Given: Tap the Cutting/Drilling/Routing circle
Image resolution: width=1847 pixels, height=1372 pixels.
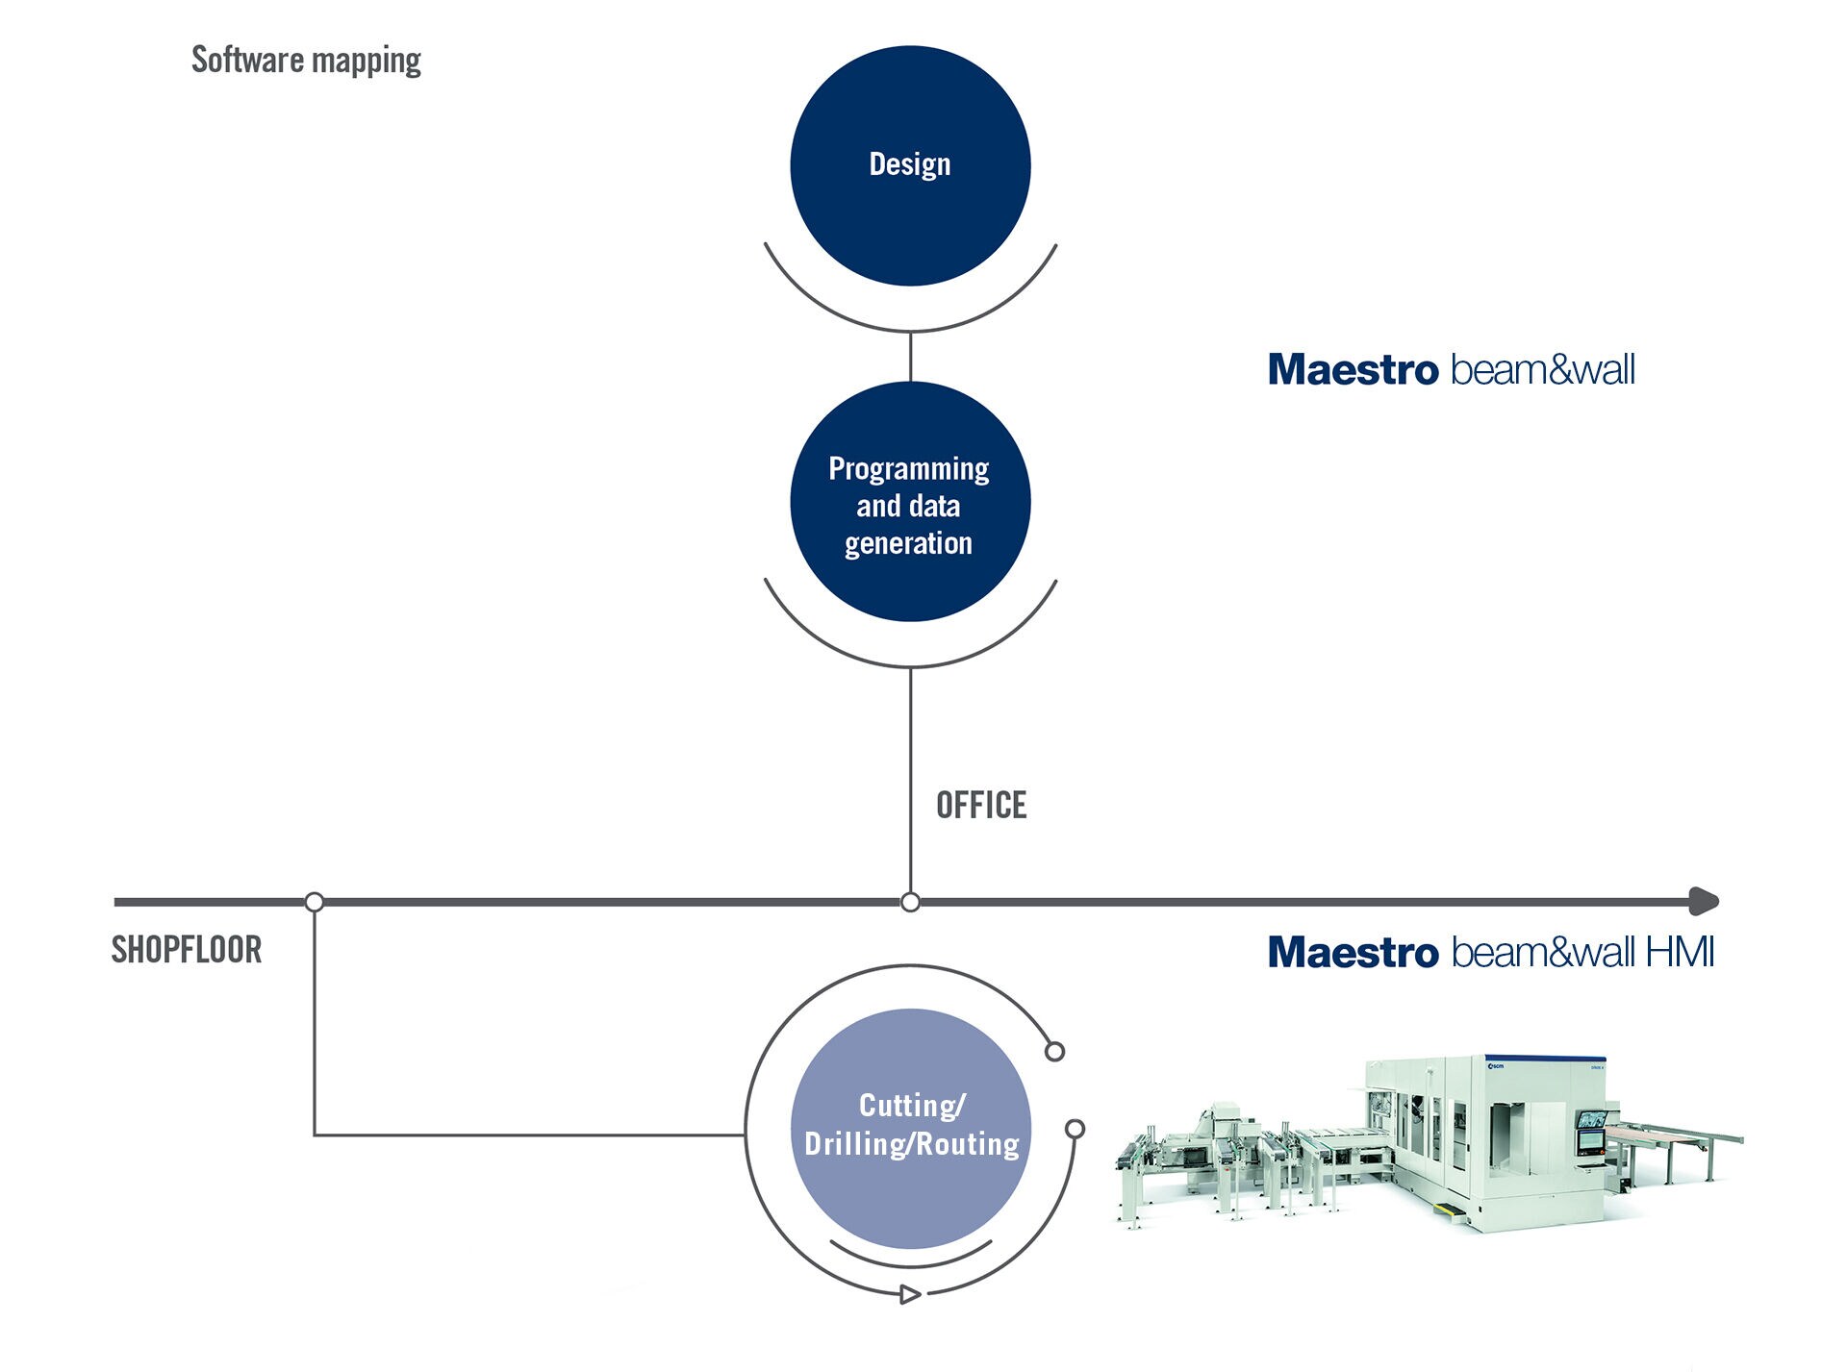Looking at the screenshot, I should coord(910,1202).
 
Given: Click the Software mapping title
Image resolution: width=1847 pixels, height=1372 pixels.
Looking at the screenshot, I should coord(306,60).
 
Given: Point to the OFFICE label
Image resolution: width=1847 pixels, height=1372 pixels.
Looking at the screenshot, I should coord(981,805).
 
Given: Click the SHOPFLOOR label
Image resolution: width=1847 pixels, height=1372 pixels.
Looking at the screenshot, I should coord(187,950).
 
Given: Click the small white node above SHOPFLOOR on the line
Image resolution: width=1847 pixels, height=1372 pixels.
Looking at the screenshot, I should coord(315,902).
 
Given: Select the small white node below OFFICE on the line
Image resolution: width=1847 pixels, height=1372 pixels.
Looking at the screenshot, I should coord(910,902).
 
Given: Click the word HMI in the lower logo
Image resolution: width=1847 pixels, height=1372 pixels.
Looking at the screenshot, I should coord(1680,953).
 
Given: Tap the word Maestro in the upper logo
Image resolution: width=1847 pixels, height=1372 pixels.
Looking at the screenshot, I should coord(1353,370).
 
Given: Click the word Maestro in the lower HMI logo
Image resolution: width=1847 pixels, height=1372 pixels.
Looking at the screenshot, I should coord(1353,953).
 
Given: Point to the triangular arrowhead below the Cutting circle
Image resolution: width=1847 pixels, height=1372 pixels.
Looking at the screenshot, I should coord(909,1295).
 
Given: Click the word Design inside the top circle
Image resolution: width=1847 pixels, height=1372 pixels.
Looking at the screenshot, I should coord(909,164).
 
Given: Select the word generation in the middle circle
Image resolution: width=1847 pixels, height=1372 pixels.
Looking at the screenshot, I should coord(908,543).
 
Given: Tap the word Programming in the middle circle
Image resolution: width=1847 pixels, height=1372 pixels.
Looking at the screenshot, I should coord(908,469).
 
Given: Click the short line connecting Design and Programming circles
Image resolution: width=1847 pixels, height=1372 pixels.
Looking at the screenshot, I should coord(910,357).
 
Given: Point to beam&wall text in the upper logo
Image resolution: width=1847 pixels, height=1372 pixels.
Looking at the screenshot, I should coord(1542,370).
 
